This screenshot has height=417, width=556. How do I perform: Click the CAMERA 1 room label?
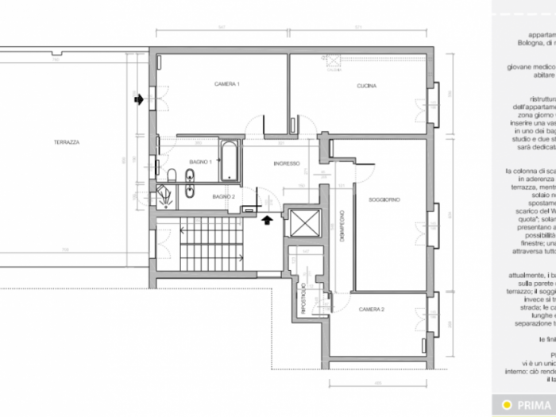coord(204,83)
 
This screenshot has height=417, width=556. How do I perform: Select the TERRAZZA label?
coord(66,142)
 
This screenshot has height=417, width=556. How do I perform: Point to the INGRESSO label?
coord(286,164)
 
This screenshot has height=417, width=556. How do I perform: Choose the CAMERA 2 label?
coord(371,309)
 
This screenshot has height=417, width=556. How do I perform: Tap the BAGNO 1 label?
coord(201,161)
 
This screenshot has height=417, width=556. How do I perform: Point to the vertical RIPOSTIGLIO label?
coord(303,298)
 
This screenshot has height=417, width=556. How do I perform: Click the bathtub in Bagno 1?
coord(229,161)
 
